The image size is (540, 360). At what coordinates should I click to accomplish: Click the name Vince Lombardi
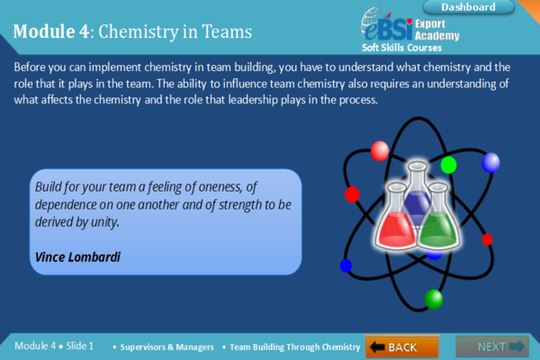(x=76, y=256)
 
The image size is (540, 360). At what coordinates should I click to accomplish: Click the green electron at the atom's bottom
(x=434, y=298)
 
